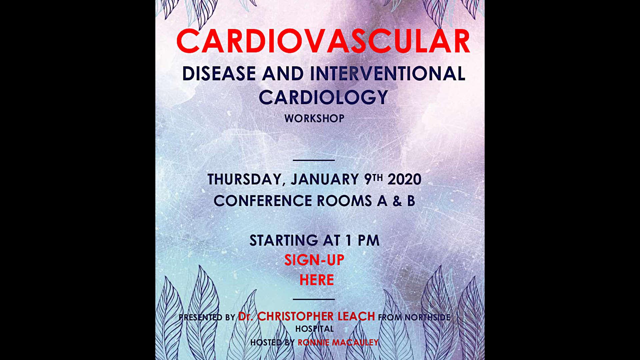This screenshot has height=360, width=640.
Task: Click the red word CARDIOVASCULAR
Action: tap(323, 41)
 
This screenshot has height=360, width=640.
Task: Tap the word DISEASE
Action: tap(219, 73)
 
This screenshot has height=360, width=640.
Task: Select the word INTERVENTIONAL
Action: tap(388, 73)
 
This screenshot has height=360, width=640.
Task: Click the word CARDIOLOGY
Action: tap(323, 97)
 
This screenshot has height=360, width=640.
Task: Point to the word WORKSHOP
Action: tap(314, 118)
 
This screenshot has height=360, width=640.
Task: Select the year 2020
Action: tap(404, 179)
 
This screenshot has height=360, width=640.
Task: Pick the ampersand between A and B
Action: tap(397, 201)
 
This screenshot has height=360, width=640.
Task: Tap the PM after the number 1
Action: tap(369, 240)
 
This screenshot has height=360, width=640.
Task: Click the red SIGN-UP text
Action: tap(314, 260)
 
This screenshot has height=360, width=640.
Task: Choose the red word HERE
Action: tap(317, 280)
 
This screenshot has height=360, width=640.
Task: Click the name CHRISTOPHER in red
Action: tap(295, 316)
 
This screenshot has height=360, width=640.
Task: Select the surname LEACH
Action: tap(356, 316)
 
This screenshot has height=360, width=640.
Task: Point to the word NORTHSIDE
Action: tap(427, 317)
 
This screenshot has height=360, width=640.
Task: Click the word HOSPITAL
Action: tap(314, 329)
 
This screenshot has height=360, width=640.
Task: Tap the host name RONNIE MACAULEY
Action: tap(338, 342)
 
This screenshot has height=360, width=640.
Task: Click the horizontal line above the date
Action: tap(314, 160)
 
